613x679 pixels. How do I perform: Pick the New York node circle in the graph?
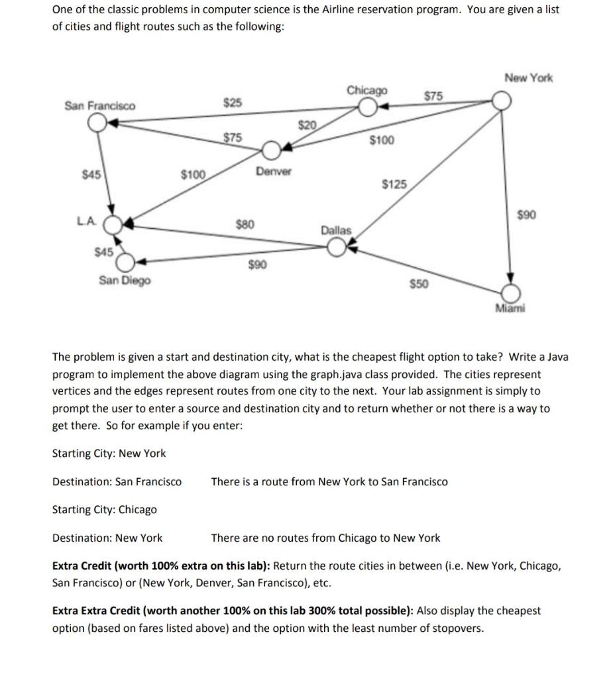tap(502, 100)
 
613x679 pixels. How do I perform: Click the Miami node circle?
tap(510, 292)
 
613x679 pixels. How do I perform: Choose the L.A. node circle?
tap(113, 224)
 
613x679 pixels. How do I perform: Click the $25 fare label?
tap(233, 103)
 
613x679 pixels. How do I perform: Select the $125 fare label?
tap(396, 184)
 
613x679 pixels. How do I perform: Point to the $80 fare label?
tap(246, 224)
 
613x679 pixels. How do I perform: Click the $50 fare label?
tap(419, 284)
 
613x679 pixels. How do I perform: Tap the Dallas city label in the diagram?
tap(336, 230)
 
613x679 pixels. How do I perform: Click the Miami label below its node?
tap(511, 308)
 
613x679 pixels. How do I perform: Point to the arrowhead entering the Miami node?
tap(510, 278)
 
